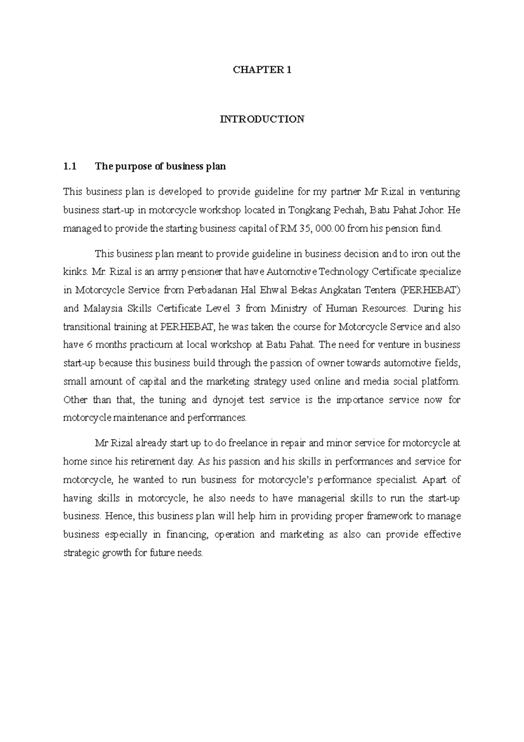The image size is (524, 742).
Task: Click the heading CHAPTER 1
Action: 262,70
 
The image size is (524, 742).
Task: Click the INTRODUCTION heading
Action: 262,119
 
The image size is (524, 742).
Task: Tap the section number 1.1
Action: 70,166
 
